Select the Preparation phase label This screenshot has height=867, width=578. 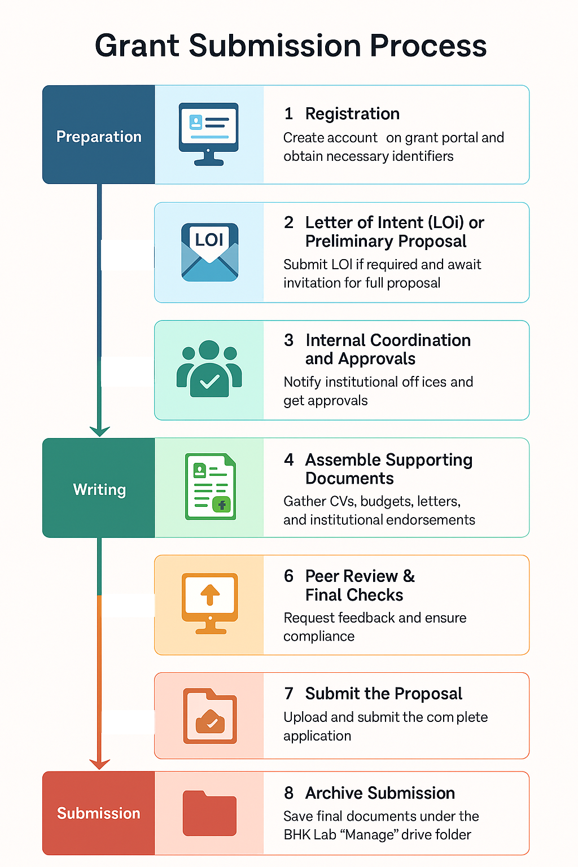99,137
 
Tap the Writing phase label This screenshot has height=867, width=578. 99,489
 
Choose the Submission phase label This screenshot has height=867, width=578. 99,813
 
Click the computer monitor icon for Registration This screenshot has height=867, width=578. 209,134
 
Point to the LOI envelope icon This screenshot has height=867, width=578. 209,252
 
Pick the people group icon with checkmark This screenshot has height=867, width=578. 209,369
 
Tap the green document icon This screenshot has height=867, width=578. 211,487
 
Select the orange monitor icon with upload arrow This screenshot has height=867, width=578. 210,603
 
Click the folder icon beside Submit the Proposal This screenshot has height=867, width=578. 210,716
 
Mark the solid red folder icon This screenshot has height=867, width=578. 209,813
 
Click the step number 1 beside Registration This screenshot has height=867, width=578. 288,114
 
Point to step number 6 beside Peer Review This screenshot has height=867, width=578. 288,576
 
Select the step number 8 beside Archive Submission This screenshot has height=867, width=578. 288,793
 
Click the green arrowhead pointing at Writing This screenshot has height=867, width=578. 100,431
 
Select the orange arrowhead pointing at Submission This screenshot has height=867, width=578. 100,764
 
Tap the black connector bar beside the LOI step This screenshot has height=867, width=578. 128,255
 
